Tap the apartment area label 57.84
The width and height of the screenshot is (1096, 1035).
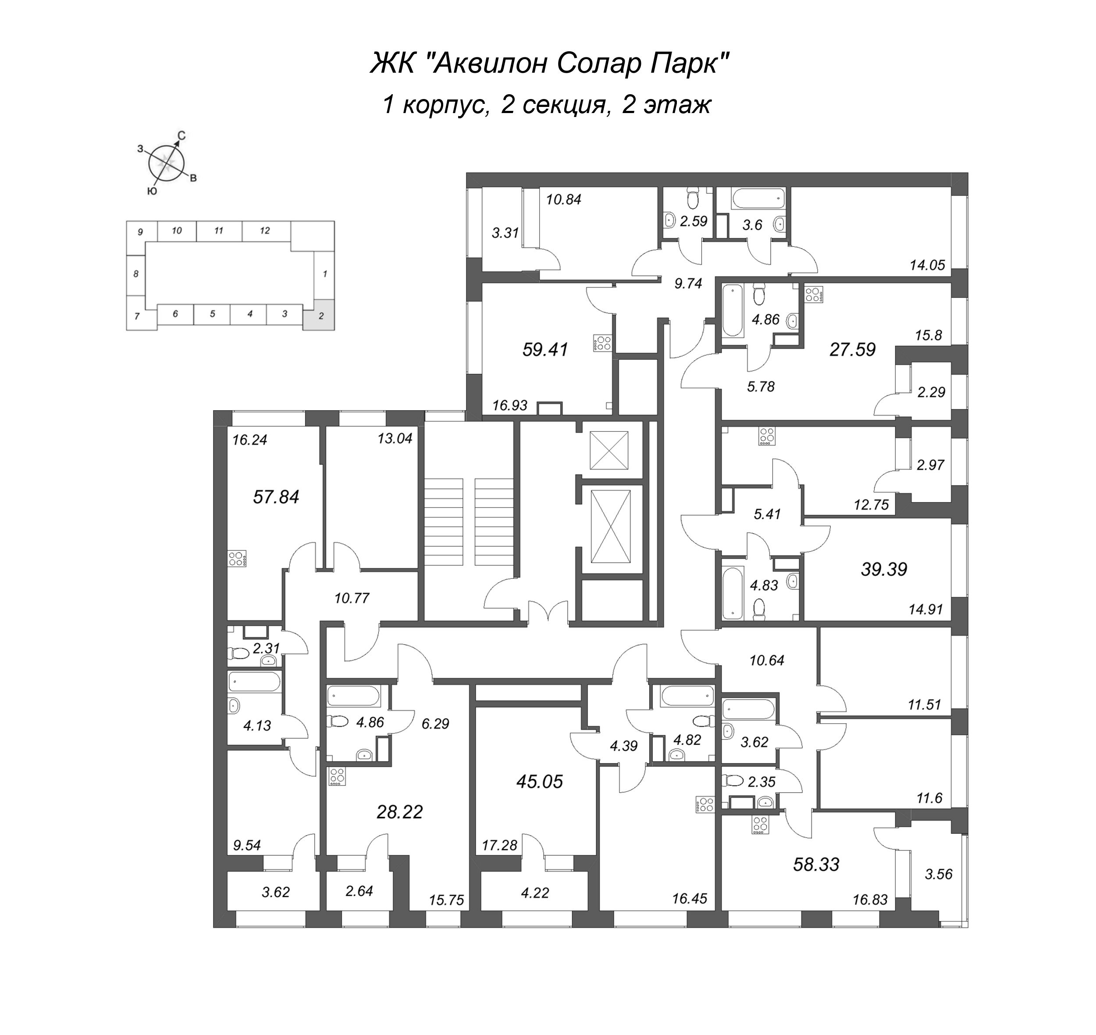coord(276,496)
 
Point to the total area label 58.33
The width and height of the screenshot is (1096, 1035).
coord(816,864)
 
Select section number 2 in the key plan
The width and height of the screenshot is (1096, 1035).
coord(320,316)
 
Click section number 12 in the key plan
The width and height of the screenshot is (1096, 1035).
coord(265,230)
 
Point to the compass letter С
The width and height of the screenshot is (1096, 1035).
coord(181,135)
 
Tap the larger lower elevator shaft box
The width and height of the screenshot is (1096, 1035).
coord(610,526)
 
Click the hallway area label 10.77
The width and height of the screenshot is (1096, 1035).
coord(352,598)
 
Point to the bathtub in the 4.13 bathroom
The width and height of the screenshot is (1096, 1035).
coord(254,682)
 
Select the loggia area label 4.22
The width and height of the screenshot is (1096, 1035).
coord(534,892)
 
